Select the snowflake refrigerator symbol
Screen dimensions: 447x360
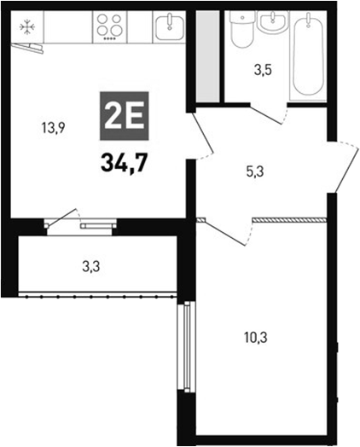pos(27,26)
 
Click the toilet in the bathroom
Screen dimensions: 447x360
pos(241,32)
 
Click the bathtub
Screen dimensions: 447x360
pos(310,55)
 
